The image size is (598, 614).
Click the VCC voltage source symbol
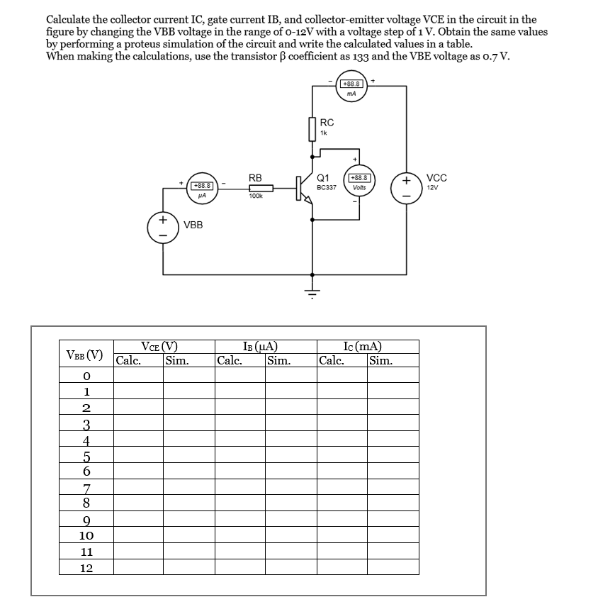pos(407,187)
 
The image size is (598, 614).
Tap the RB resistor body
pos(257,188)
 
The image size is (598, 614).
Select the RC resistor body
pos(312,129)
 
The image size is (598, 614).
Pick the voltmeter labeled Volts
pos(359,182)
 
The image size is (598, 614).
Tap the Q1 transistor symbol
pos(305,190)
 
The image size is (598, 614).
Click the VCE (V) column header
pos(159,347)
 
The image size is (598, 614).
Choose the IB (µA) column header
pos(259,347)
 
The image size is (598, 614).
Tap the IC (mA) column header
pos(361,347)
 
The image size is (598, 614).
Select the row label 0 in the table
pos(86,375)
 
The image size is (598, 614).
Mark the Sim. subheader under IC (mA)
pos(381,360)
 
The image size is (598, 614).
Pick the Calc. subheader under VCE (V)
pos(128,360)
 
